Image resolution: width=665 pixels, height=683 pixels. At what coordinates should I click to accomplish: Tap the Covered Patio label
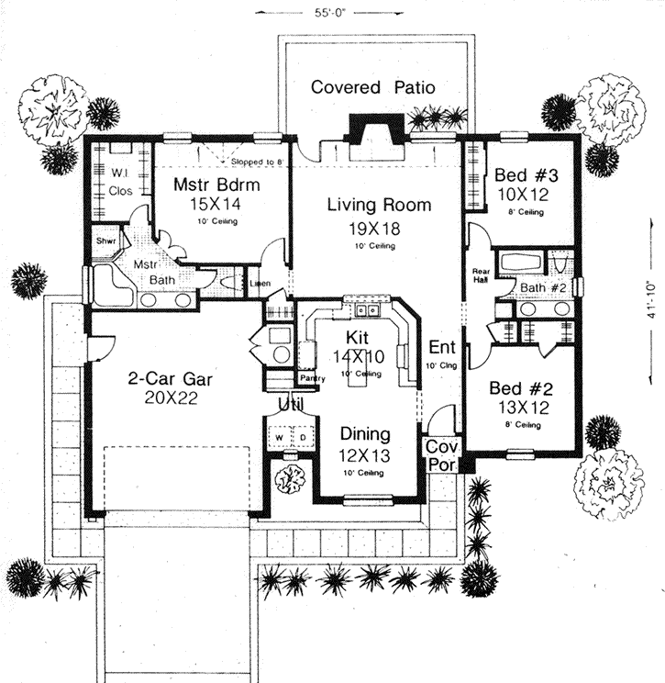click(372, 88)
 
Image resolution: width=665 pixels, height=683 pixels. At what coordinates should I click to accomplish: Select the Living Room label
click(379, 205)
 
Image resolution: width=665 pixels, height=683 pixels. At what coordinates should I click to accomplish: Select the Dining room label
click(366, 433)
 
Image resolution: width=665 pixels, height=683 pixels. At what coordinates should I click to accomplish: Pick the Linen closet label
click(260, 285)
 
